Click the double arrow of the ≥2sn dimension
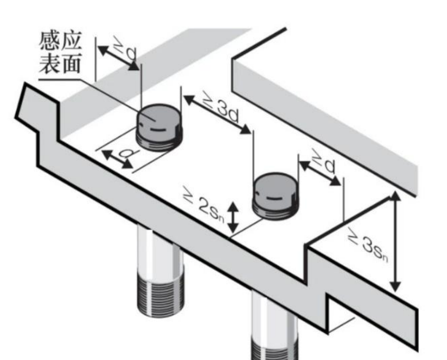coord(234,216)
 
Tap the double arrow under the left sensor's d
coord(117,159)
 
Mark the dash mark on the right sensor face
coord(273,199)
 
